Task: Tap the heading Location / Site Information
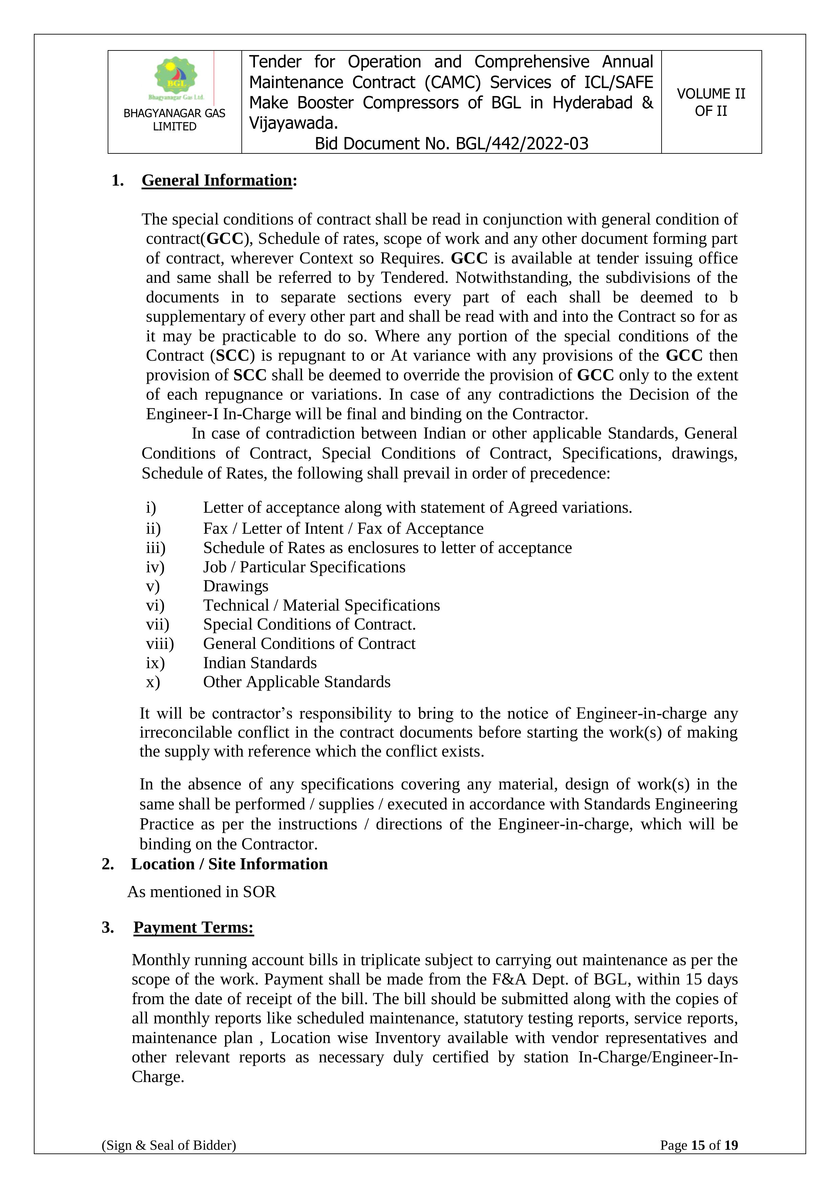click(x=229, y=864)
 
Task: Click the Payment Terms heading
click(x=193, y=927)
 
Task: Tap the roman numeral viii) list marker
click(x=159, y=644)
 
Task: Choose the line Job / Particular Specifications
click(x=304, y=567)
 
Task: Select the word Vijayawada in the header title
click(x=292, y=123)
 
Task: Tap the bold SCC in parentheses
click(x=233, y=356)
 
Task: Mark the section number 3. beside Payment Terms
click(x=108, y=927)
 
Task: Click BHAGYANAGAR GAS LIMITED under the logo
click(x=174, y=120)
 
